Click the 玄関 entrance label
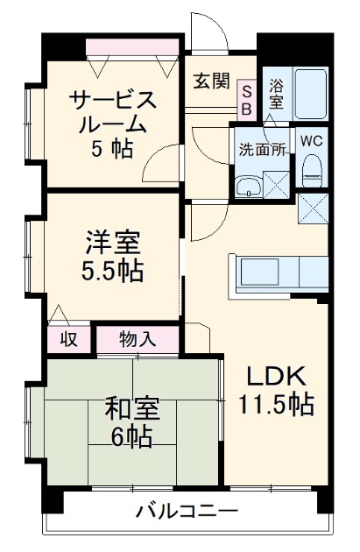click(x=211, y=82)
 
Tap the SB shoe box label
click(x=246, y=99)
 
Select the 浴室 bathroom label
click(x=276, y=94)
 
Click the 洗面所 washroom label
click(x=262, y=148)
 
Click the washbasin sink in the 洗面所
click(x=249, y=184)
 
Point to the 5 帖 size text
click(x=112, y=149)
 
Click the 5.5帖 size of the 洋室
click(x=114, y=268)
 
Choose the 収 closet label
click(x=67, y=338)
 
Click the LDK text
click(x=273, y=377)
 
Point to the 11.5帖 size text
click(x=274, y=405)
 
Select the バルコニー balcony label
click(x=186, y=511)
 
